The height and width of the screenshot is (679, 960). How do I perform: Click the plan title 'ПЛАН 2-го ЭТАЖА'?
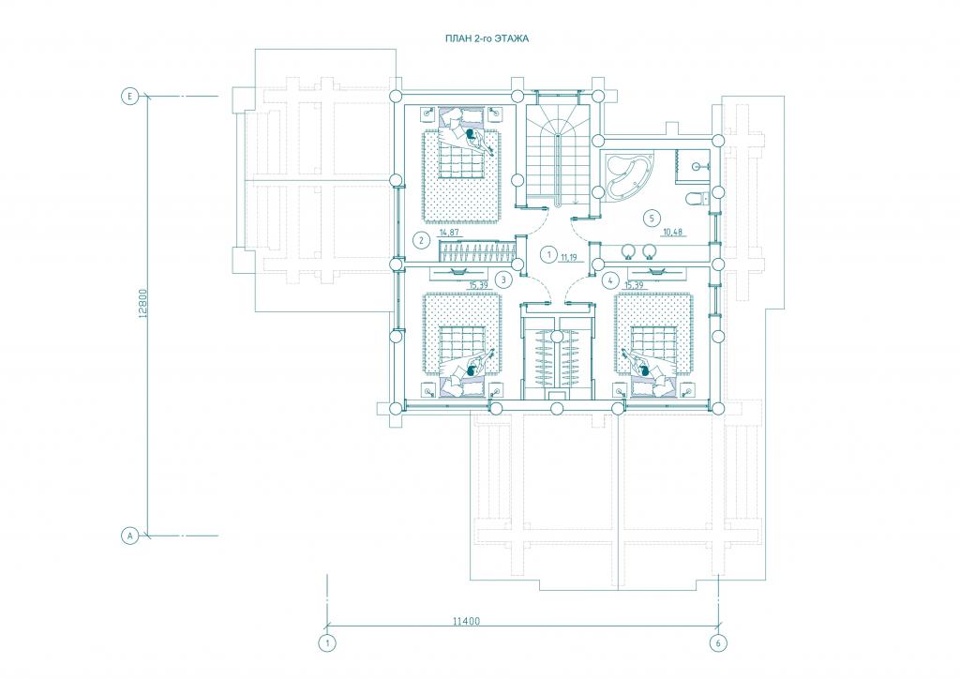click(x=487, y=38)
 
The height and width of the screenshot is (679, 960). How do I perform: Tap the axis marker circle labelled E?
click(x=129, y=96)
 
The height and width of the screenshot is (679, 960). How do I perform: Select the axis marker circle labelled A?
click(x=129, y=536)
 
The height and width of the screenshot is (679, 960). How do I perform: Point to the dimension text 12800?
click(x=142, y=304)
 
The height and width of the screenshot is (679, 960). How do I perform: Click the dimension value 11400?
click(x=467, y=621)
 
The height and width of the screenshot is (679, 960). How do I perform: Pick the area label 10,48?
click(x=672, y=232)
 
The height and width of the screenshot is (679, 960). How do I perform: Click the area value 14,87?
click(x=448, y=233)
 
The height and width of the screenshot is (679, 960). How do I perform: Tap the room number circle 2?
click(x=421, y=240)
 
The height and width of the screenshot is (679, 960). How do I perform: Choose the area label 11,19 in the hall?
click(x=567, y=258)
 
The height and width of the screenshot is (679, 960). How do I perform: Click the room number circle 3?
click(x=503, y=280)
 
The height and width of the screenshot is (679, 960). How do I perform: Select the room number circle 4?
click(x=609, y=280)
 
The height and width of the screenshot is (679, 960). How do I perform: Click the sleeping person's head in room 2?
click(x=470, y=133)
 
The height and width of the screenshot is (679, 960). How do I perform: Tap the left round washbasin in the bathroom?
click(x=627, y=250)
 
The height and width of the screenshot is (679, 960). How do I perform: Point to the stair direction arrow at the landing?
click(x=575, y=200)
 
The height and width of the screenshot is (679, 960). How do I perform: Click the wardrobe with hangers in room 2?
click(x=477, y=251)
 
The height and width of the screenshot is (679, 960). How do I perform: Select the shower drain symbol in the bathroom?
click(x=696, y=166)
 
